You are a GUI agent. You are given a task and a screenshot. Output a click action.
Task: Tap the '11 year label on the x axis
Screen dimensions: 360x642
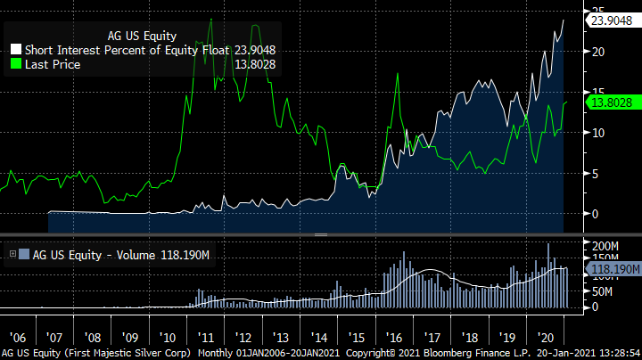(206, 339)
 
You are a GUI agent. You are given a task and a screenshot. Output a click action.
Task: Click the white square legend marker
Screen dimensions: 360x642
(15, 51)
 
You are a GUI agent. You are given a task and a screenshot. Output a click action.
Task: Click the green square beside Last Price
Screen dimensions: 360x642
(15, 65)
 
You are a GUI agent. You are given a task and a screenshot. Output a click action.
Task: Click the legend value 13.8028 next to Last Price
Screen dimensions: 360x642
(253, 65)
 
